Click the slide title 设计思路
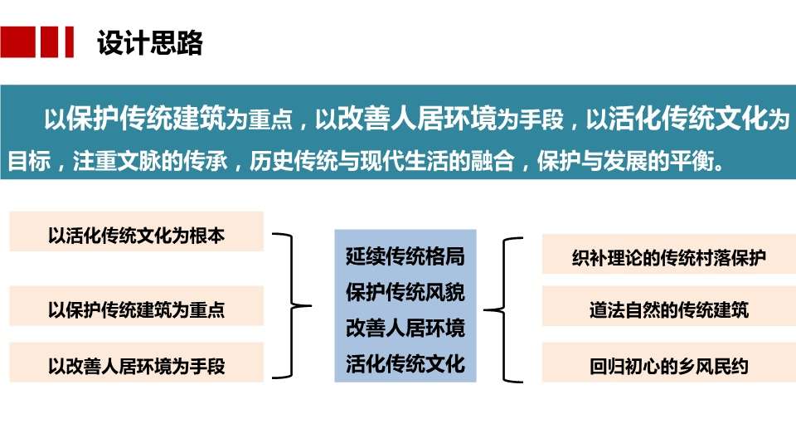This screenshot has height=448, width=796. click(x=150, y=42)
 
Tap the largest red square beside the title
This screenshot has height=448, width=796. click(x=17, y=41)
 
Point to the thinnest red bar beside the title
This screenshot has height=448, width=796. click(x=69, y=41)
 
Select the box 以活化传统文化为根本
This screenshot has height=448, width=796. click(x=137, y=231)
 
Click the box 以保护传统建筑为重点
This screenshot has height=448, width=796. click(x=137, y=306)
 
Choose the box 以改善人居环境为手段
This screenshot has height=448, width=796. click(x=137, y=363)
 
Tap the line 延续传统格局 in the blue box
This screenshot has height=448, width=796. click(x=405, y=256)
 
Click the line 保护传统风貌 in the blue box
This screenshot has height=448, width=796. click(x=405, y=293)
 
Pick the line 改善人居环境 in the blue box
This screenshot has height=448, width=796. click(x=405, y=329)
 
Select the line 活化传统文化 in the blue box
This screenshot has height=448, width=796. click(x=405, y=363)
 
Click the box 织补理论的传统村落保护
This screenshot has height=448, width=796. click(x=669, y=255)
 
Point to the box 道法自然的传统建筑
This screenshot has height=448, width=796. click(x=669, y=306)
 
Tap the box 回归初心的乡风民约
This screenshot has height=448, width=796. click(x=669, y=363)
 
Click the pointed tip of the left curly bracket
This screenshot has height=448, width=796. click(x=311, y=306)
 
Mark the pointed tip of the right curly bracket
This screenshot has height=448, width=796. click(x=484, y=309)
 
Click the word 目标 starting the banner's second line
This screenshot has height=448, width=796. click(x=30, y=161)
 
